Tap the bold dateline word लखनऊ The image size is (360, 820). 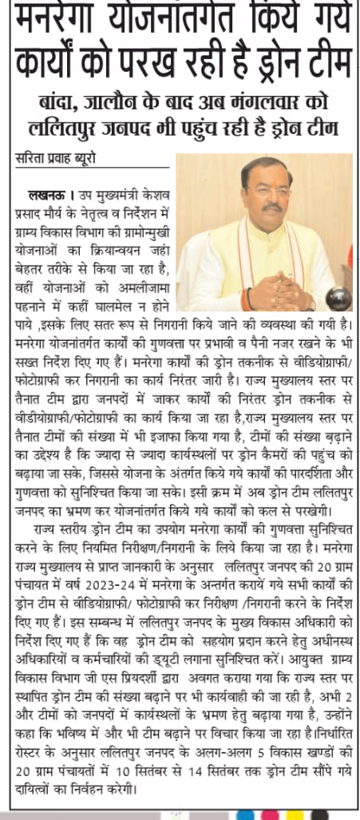46,194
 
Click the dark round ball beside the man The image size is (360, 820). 337,298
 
